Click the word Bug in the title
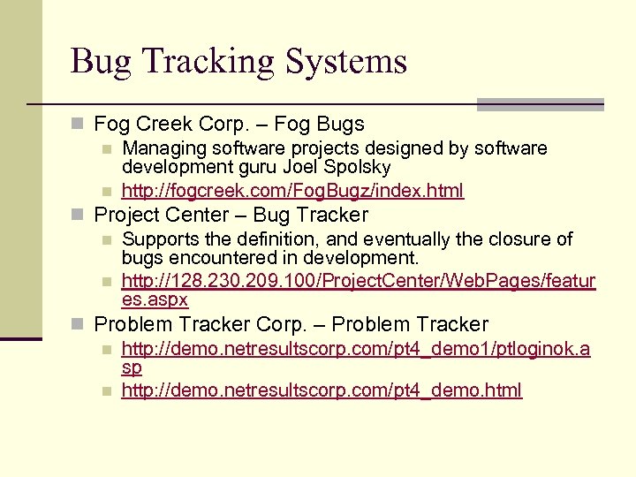pyautogui.click(x=100, y=62)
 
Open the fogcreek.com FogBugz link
pyautogui.click(x=292, y=190)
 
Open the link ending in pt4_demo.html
pyautogui.click(x=322, y=390)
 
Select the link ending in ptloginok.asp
pyautogui.click(x=356, y=349)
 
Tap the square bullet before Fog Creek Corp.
pyautogui.click(x=80, y=125)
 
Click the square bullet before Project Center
pyautogui.click(x=80, y=216)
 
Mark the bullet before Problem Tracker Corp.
pyautogui.click(x=80, y=325)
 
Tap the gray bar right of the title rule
pyautogui.click(x=540, y=103)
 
